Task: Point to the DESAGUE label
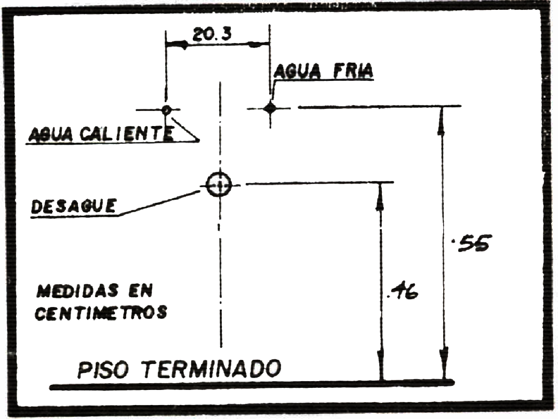coord(73,206)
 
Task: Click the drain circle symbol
coord(219,184)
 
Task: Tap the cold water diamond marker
coord(270,108)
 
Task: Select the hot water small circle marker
coord(166,110)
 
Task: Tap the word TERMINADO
coord(211,369)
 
